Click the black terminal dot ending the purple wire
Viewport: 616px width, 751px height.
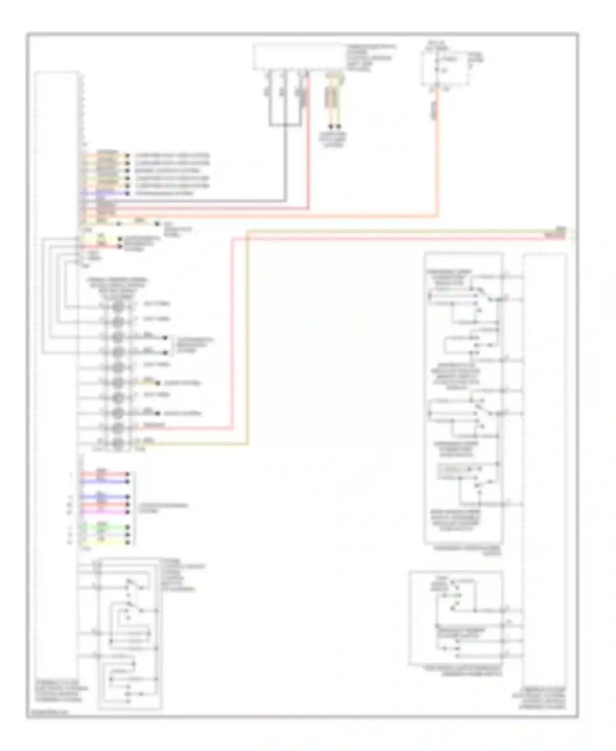click(x=127, y=193)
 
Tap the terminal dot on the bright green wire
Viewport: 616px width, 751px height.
click(x=128, y=527)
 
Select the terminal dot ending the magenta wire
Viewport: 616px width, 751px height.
click(x=128, y=512)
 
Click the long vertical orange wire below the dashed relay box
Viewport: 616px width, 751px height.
click(x=438, y=164)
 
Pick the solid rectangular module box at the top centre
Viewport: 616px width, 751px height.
click(x=299, y=57)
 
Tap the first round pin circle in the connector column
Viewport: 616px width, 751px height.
click(x=118, y=306)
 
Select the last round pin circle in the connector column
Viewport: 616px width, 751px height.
click(x=118, y=443)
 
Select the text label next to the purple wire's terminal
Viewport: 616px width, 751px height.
click(x=164, y=193)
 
